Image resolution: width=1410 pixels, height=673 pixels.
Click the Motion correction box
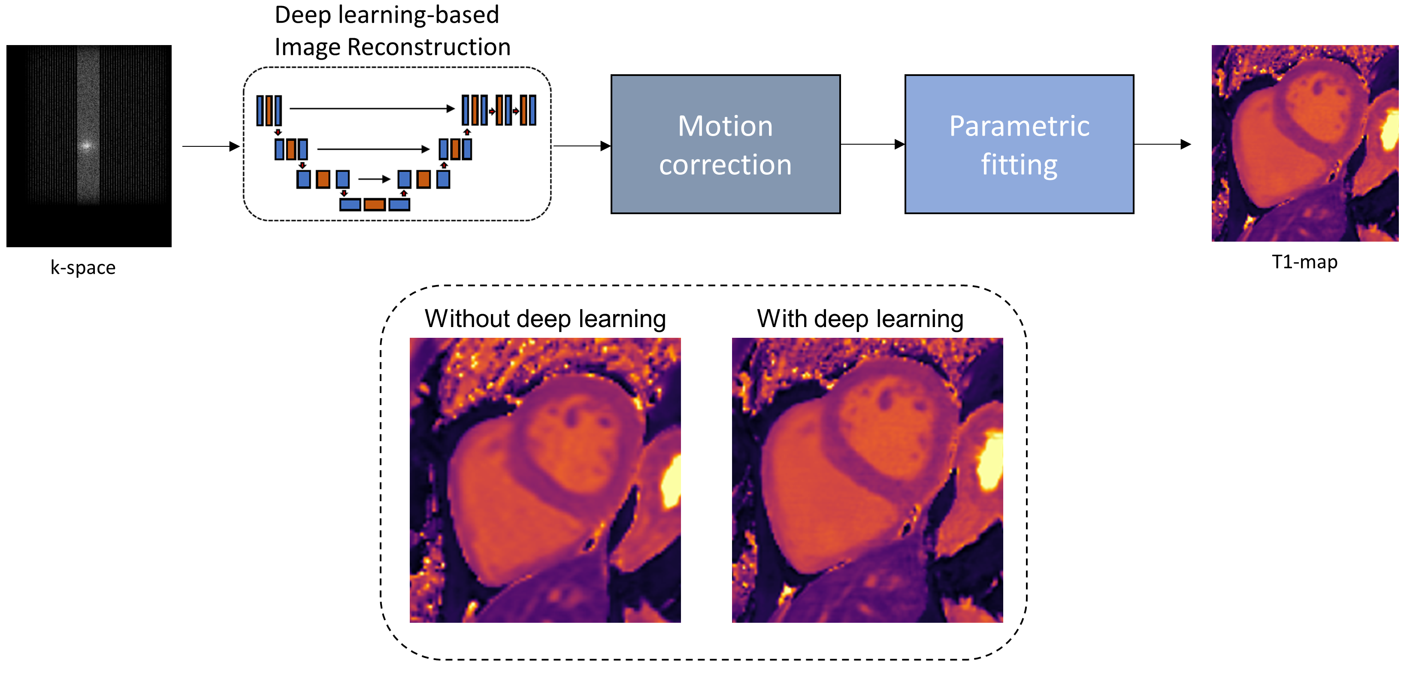coord(725,144)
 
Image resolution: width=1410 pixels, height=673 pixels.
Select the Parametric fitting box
coord(1019,144)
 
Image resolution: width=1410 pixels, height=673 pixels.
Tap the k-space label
coord(83,267)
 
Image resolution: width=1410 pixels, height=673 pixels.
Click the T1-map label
coord(1304,262)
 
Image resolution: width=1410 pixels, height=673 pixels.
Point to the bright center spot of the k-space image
coord(86,146)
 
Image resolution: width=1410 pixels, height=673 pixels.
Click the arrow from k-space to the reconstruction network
coord(211,146)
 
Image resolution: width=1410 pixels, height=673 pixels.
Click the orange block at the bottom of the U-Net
coord(375,205)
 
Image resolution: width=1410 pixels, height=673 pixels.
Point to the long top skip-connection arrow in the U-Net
coord(372,109)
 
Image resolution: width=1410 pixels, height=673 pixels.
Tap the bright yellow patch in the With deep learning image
coord(989,460)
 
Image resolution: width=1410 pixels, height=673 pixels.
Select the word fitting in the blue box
coord(1019,164)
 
